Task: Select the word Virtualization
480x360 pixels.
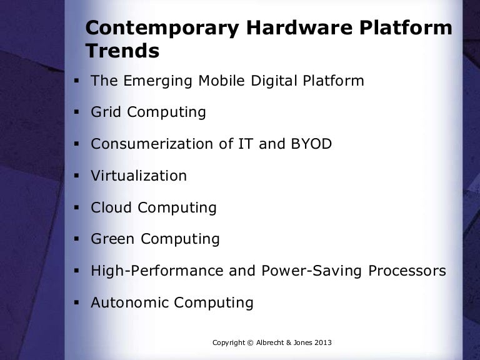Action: click(139, 176)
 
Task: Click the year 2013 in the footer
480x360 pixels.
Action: click(319, 342)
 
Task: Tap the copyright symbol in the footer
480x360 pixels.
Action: click(249, 342)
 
